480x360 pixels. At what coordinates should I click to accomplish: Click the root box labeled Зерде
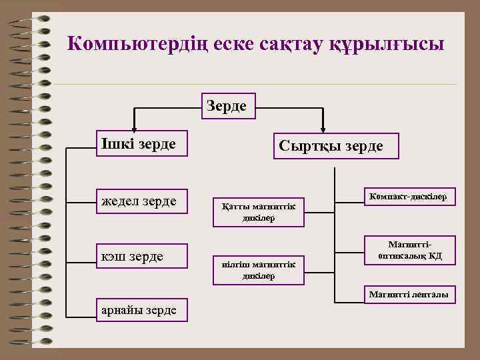[x=226, y=106]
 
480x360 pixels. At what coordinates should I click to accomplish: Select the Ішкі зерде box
[x=141, y=144]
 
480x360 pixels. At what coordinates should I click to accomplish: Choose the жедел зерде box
[x=141, y=201]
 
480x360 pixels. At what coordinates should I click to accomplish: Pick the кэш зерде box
[x=141, y=257]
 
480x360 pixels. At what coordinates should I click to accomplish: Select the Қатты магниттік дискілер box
[x=258, y=212]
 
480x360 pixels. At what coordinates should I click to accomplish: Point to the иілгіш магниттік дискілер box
[x=258, y=270]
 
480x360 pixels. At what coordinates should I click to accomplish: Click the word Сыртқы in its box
[x=305, y=146]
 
